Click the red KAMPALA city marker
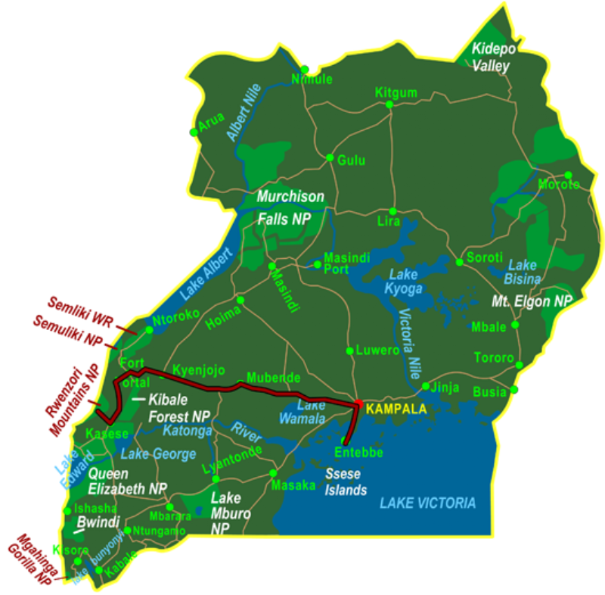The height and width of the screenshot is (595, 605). coord(358,403)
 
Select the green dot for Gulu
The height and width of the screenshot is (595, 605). coord(330,157)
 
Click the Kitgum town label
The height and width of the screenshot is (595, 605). coord(396,92)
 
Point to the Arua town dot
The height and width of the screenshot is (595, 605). coord(194,132)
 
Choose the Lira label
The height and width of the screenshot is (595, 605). coord(388,222)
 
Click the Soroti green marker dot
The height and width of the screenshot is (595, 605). coord(459,263)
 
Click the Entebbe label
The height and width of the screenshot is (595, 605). coord(359,453)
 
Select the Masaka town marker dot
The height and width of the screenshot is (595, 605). coord(273,473)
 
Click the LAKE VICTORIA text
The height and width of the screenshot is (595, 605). coord(428,503)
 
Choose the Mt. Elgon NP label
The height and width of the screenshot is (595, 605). coord(532,301)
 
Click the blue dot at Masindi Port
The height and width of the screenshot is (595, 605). coord(318,263)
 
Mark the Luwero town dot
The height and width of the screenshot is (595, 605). coord(349,350)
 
